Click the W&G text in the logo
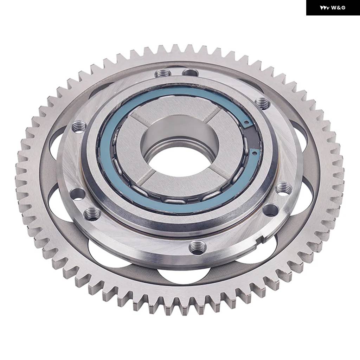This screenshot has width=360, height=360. tap(338, 8)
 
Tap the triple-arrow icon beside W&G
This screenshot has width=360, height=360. tap(324, 8)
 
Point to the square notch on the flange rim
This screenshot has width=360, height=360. tap(261, 239)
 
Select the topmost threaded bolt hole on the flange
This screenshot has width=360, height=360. tap(163, 73)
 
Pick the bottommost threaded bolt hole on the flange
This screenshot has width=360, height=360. tap(198, 247)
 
